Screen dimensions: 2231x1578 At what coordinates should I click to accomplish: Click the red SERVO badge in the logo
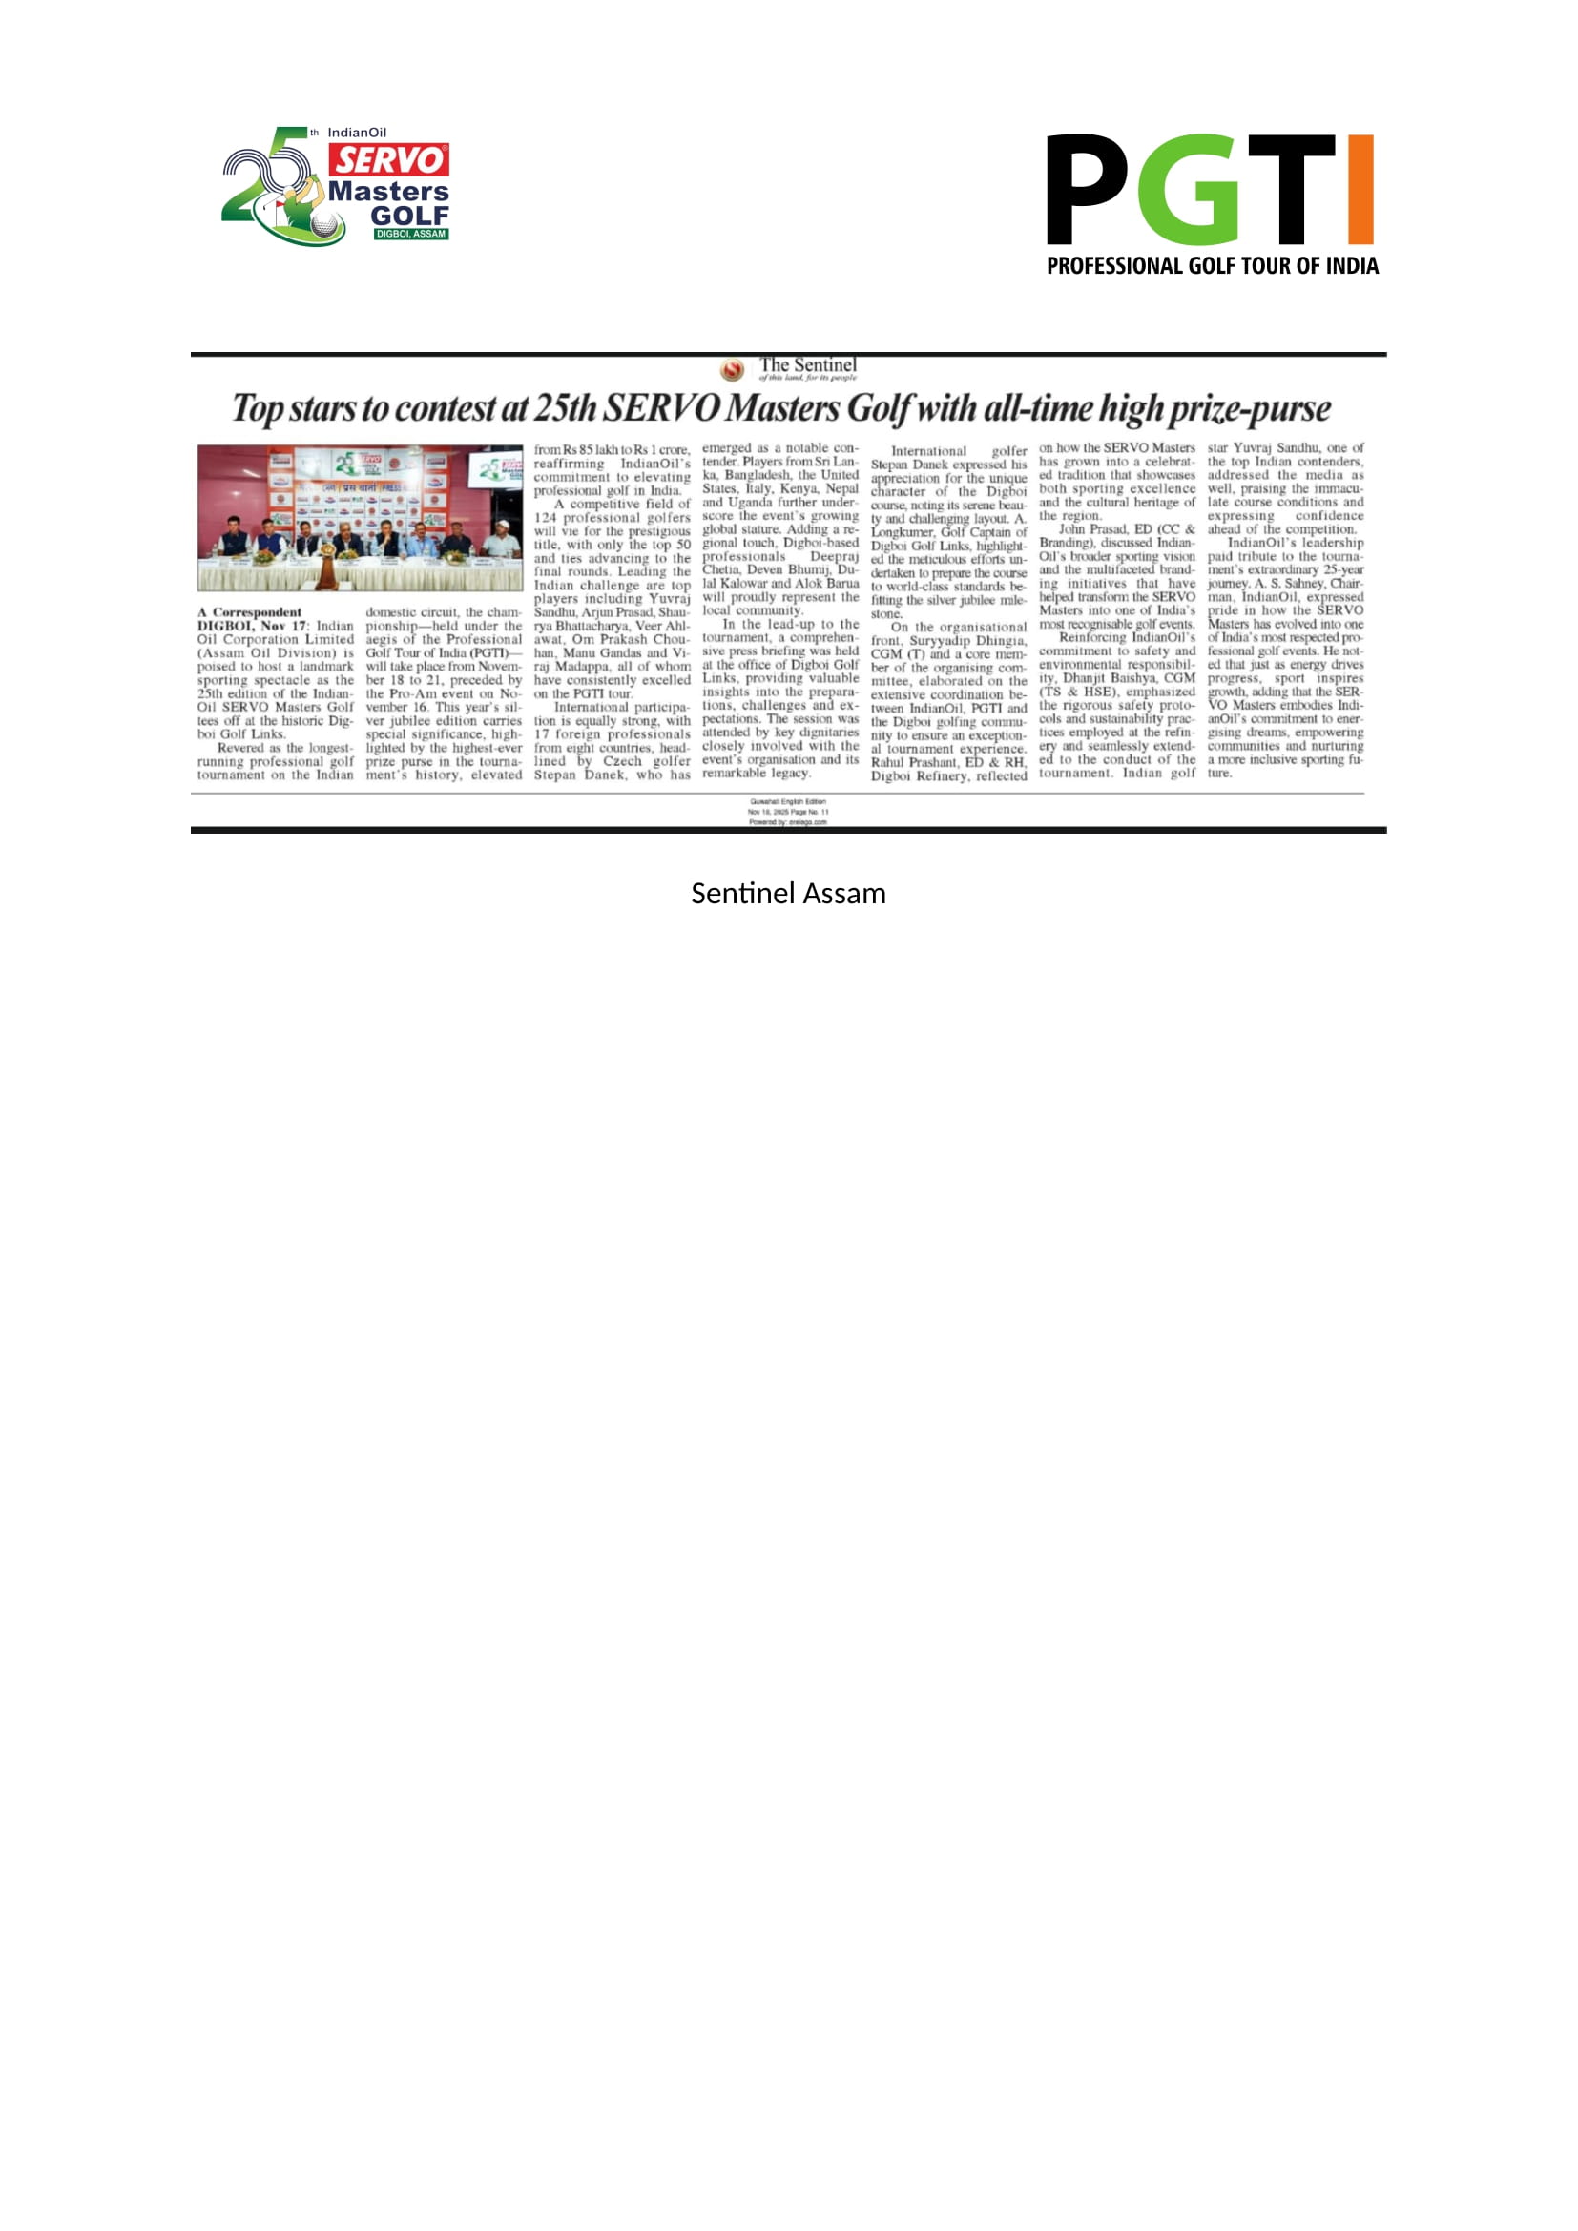[388, 160]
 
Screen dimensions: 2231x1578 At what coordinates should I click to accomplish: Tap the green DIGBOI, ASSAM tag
[411, 235]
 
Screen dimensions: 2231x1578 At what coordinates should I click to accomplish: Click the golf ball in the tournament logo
[323, 226]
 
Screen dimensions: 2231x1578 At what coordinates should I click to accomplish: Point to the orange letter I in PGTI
[1360, 190]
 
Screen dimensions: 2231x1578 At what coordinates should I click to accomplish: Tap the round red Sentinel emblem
[733, 369]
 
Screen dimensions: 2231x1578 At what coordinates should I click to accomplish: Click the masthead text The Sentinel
[807, 365]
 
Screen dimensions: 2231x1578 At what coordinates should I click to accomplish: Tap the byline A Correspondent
[250, 612]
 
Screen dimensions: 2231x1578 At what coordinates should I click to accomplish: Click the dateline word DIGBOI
[225, 626]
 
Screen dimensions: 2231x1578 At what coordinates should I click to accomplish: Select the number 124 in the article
[545, 518]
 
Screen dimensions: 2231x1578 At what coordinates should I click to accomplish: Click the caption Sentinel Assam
[788, 894]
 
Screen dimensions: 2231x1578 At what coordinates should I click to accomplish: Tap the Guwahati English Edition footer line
[788, 801]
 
